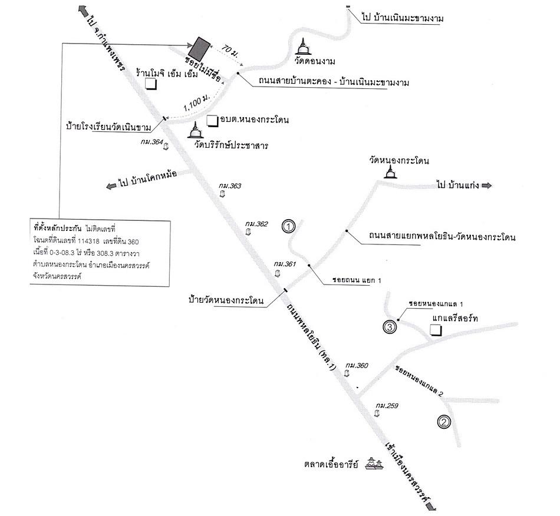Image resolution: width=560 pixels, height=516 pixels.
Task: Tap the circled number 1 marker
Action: [x=288, y=226]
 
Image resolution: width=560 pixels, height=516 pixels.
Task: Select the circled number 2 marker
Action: [x=444, y=422]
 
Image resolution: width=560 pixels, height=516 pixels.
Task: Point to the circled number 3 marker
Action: [x=390, y=326]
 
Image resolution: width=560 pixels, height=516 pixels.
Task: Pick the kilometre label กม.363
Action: [x=230, y=186]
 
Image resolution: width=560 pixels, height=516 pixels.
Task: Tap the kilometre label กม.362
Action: [x=256, y=224]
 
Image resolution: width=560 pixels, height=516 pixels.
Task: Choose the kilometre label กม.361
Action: [x=285, y=264]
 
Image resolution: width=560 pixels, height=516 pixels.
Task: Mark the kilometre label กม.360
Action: [x=357, y=366]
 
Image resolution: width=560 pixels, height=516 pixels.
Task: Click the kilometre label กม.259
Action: [x=387, y=406]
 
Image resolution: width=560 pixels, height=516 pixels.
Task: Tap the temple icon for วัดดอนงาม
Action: [x=303, y=47]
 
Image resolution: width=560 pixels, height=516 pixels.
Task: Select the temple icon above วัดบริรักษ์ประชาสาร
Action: [x=196, y=130]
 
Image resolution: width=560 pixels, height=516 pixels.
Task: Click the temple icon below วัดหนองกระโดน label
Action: [x=390, y=171]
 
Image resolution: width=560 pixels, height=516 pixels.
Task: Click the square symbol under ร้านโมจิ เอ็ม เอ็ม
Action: [x=151, y=84]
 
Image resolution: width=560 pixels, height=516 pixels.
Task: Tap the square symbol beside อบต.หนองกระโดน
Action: [x=213, y=121]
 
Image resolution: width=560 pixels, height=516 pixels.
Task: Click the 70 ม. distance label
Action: [x=230, y=51]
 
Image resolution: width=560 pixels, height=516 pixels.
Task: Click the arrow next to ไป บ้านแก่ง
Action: [x=486, y=186]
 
